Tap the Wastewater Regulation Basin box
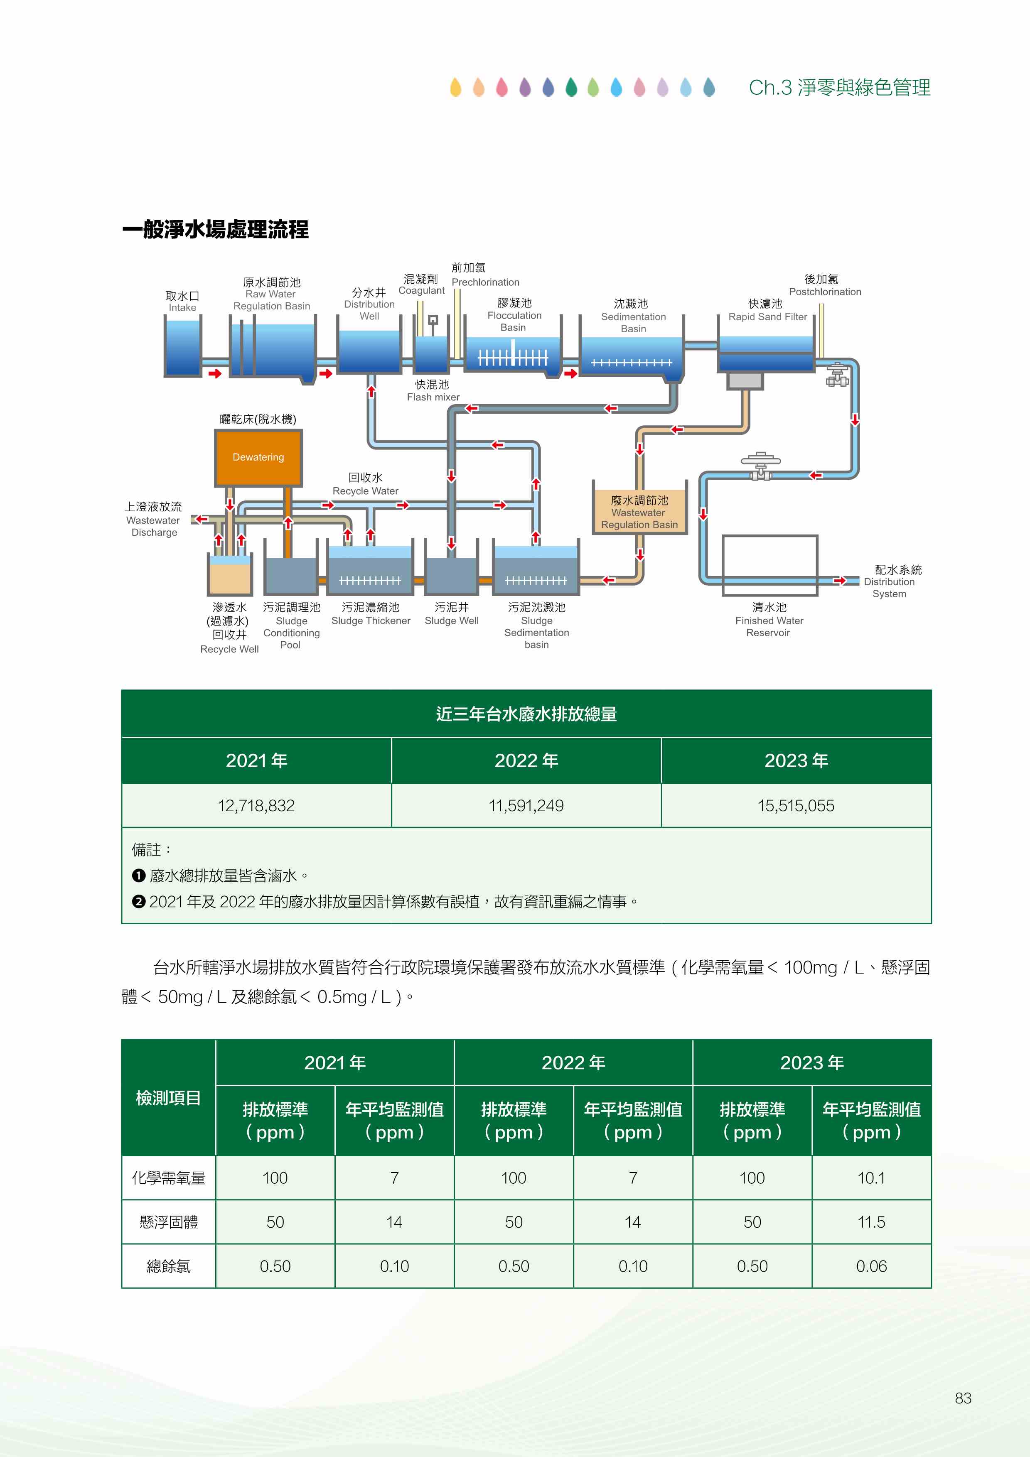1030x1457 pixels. (640, 506)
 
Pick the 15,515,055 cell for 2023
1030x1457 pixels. (796, 805)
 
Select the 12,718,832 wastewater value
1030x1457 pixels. (256, 805)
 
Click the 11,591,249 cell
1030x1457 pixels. (526, 805)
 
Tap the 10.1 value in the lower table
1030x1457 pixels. (871, 1178)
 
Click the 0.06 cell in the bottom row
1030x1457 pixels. (871, 1266)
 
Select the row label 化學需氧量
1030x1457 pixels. (168, 1178)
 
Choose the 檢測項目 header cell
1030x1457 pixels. (168, 1098)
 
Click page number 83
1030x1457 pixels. (963, 1398)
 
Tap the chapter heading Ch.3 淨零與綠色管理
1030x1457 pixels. (840, 88)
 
